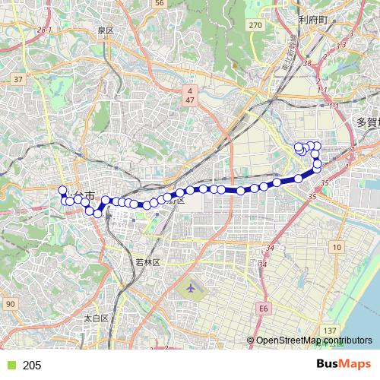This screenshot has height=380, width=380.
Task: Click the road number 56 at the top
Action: point(159,3)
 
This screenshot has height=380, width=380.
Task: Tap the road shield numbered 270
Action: point(255,25)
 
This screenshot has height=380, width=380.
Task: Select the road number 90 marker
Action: point(10,304)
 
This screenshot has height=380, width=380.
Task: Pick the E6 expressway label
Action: point(264,309)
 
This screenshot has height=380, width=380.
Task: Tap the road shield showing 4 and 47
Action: point(190,95)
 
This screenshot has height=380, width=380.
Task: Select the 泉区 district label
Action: point(105,30)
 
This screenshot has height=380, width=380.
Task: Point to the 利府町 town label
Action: point(312,19)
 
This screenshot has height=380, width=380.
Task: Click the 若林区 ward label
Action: point(147,262)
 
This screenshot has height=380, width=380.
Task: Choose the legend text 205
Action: point(32,366)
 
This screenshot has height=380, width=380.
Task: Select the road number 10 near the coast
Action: point(336,248)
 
